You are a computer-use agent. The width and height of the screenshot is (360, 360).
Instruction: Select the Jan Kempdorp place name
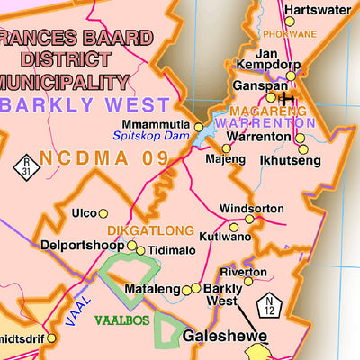coord(267,59)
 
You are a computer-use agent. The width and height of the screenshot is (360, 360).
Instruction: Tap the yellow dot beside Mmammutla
coord(199,127)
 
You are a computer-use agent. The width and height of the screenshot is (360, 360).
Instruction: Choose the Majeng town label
coord(225,159)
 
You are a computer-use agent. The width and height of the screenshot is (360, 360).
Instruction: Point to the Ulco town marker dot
coord(103,213)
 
